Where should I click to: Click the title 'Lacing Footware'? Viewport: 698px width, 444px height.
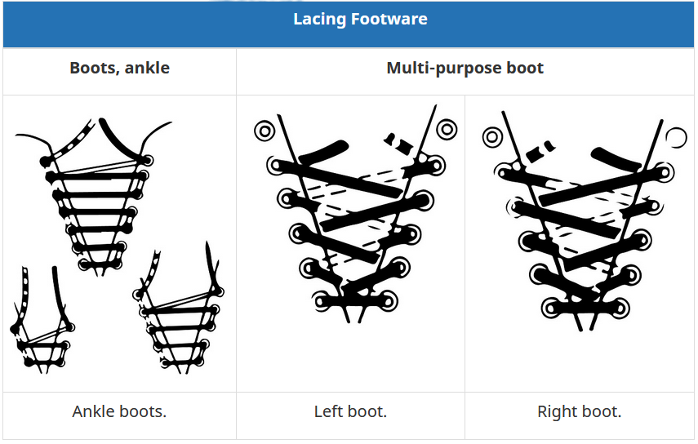click(360, 19)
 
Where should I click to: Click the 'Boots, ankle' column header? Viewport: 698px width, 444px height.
click(119, 68)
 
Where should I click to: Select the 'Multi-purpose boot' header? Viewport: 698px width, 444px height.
click(465, 68)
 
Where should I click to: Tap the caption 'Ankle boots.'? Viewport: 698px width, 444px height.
click(119, 411)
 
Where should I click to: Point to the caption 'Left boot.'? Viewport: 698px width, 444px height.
click(350, 411)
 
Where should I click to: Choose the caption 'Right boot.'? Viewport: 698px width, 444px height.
click(579, 411)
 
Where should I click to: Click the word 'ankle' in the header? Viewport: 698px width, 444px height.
click(148, 68)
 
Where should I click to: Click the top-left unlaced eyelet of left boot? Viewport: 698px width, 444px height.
click(265, 130)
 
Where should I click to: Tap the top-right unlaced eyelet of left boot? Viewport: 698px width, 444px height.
click(447, 129)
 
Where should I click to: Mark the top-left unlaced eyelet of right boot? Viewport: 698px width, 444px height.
click(492, 137)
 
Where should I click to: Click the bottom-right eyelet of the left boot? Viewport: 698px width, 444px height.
click(387, 300)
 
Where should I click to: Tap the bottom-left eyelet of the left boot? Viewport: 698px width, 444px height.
click(319, 300)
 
